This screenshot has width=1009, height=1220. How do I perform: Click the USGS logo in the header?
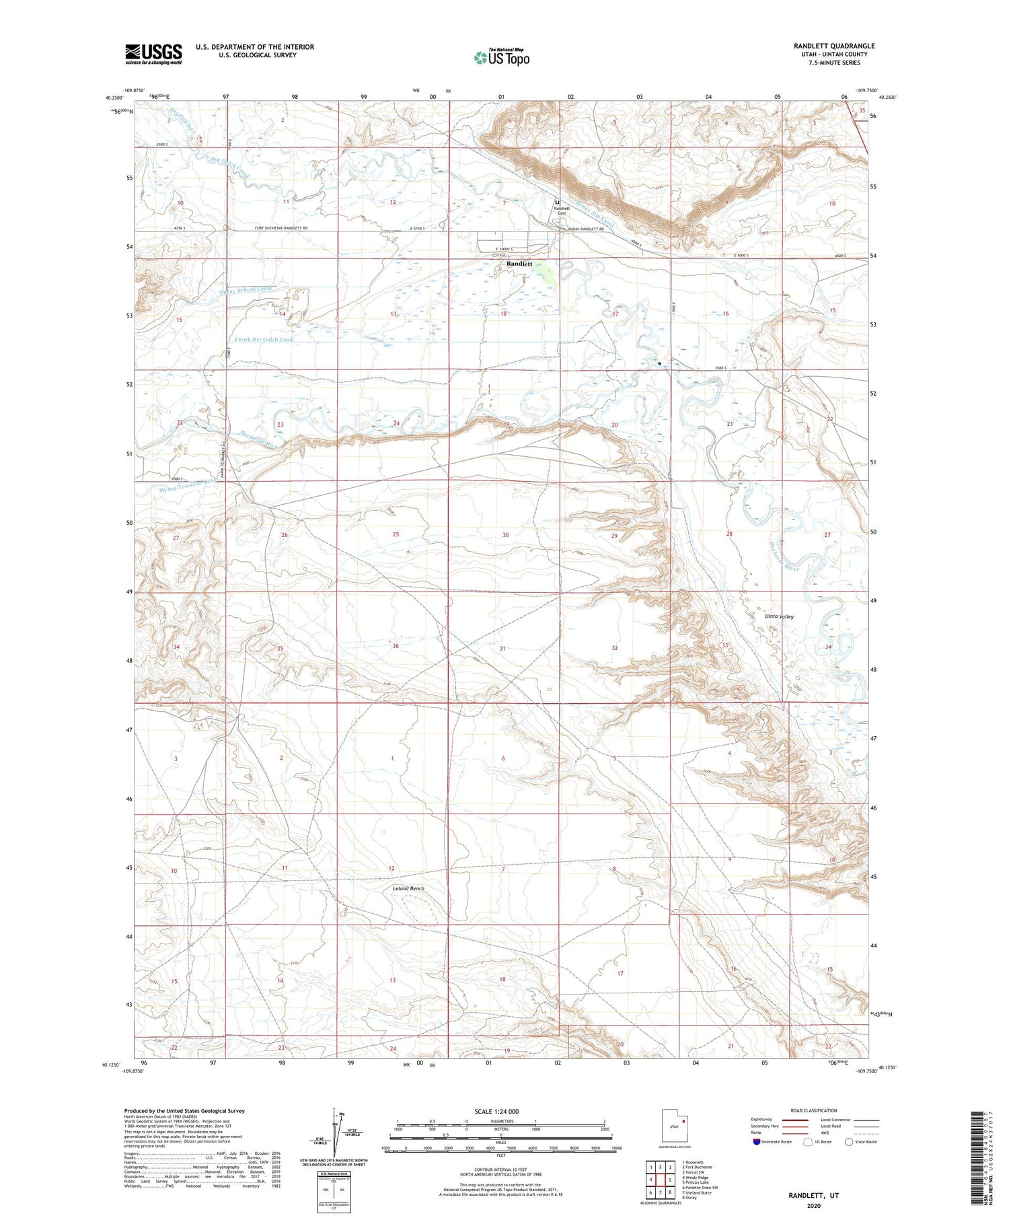(x=153, y=53)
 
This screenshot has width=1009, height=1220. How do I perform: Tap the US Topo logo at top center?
(x=501, y=57)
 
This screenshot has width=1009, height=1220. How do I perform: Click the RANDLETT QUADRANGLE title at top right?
(x=833, y=46)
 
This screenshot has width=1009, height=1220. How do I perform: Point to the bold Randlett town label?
(x=519, y=264)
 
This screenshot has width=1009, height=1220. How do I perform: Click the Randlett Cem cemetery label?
(x=562, y=211)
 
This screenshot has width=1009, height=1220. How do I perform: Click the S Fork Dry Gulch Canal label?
(x=264, y=339)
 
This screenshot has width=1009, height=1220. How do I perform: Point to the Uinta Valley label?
(x=779, y=616)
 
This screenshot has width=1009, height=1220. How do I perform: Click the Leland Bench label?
(x=408, y=888)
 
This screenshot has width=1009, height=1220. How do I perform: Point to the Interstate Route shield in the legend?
(x=756, y=1142)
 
